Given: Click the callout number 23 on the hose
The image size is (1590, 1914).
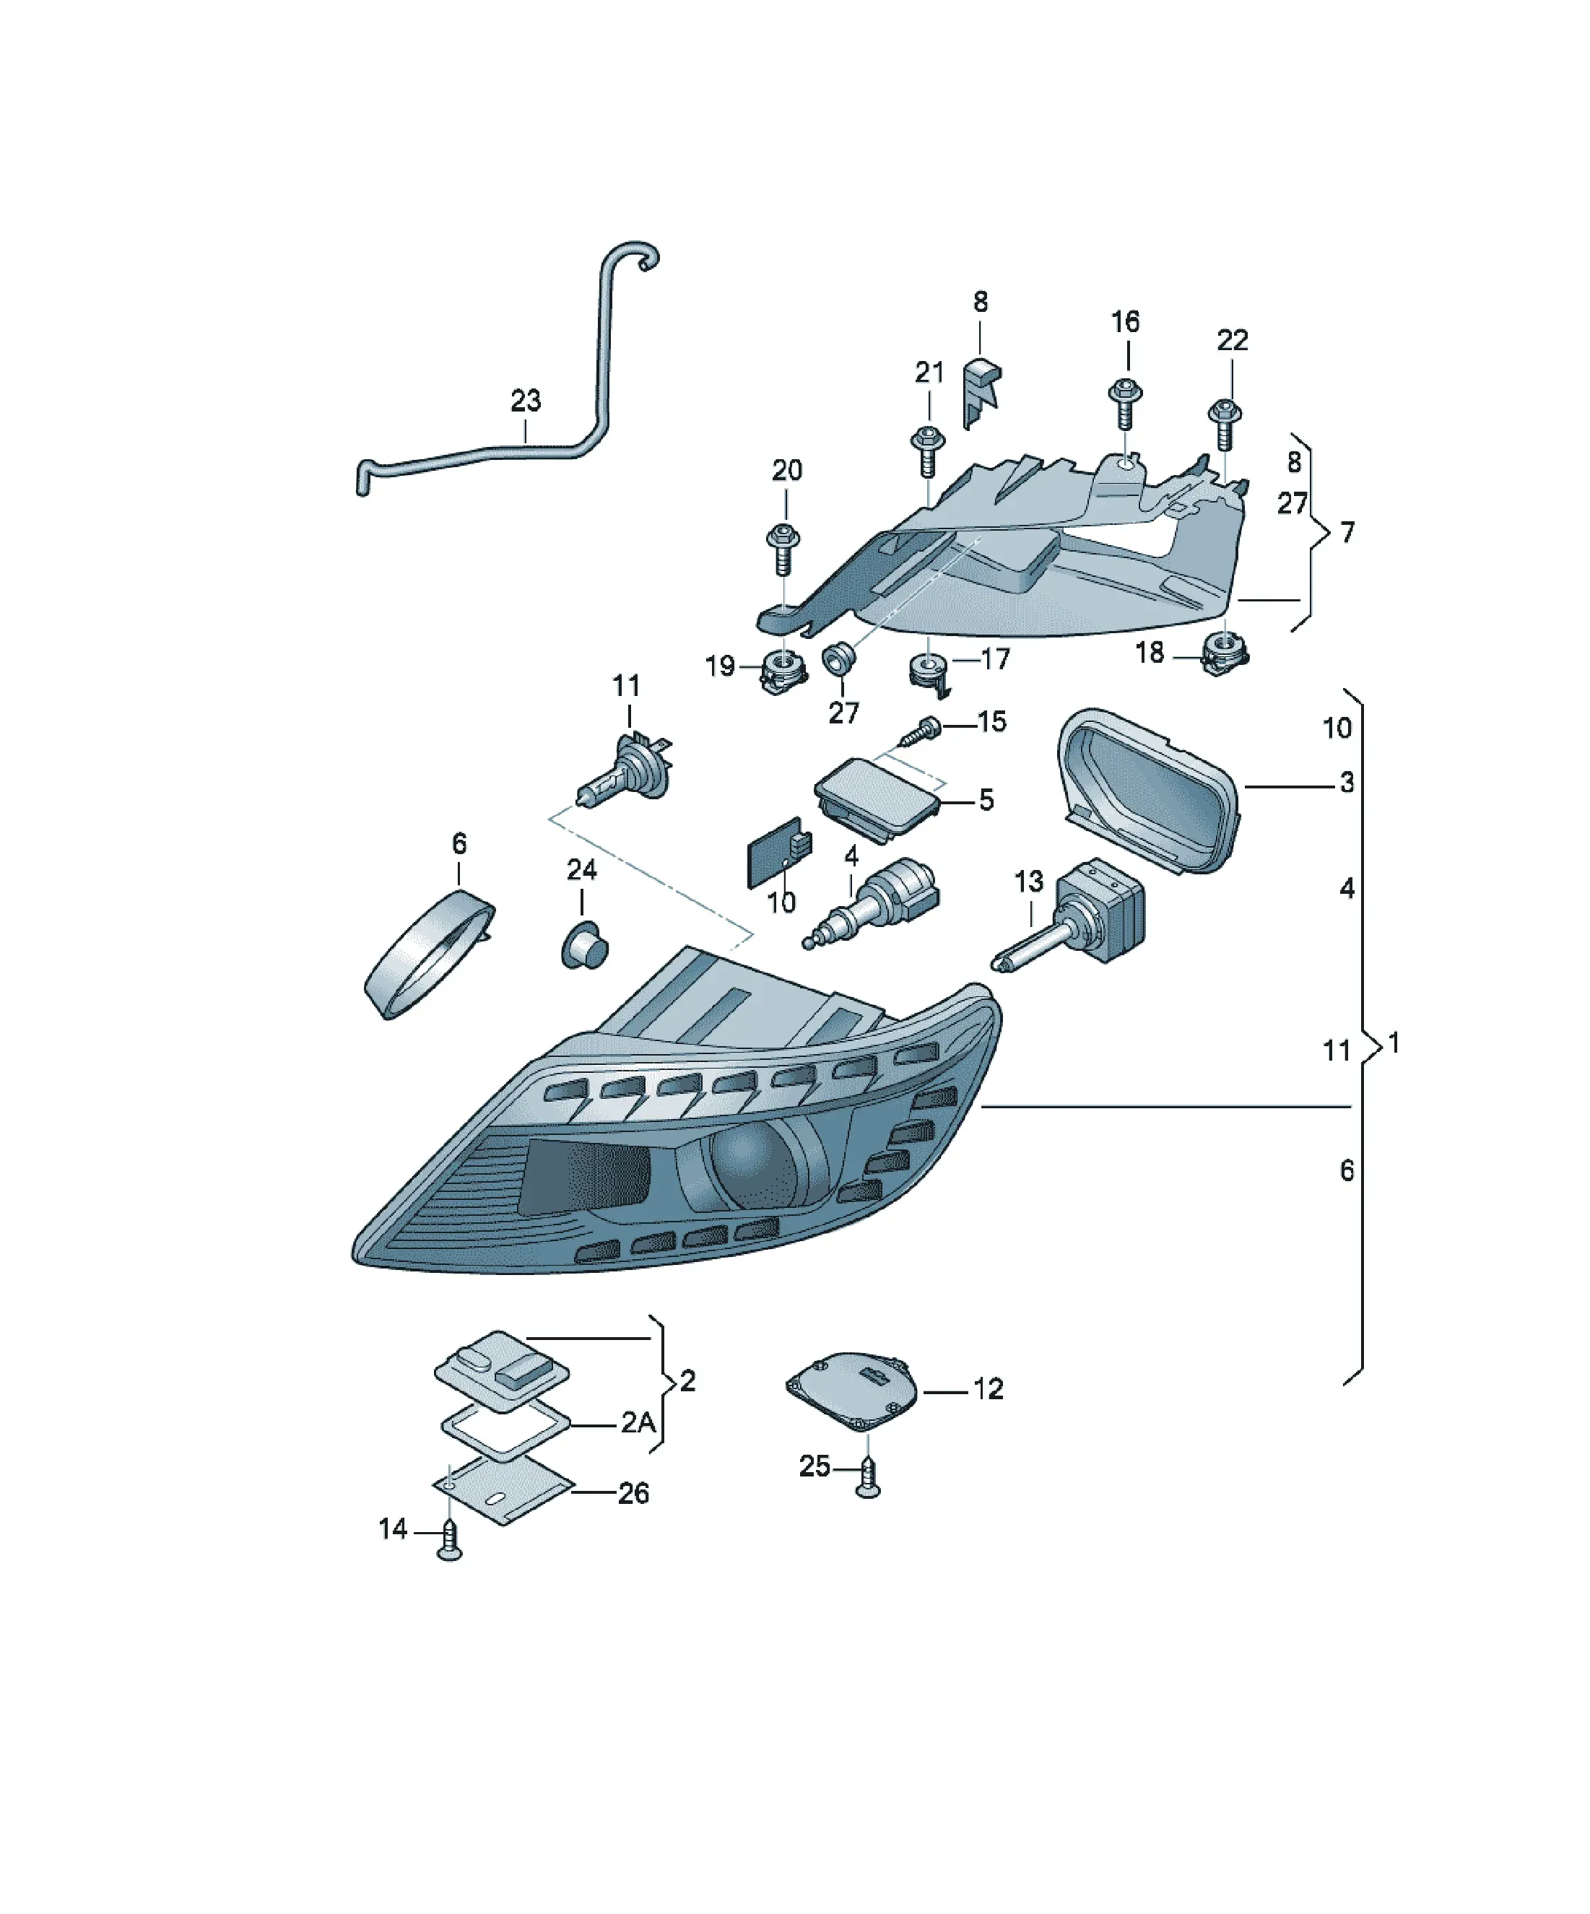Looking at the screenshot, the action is [525, 400].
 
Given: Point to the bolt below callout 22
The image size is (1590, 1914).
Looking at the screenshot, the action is [1225, 424].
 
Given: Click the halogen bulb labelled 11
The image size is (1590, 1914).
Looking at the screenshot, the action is [622, 767].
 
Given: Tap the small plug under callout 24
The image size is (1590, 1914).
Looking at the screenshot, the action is [583, 945].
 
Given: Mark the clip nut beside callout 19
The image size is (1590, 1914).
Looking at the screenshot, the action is [784, 671].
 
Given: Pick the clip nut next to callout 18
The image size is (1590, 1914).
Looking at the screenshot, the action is [1225, 653].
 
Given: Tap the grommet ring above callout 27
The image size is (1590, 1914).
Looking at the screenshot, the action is [839, 658].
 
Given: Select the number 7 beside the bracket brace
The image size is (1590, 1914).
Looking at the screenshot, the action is [1347, 531].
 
